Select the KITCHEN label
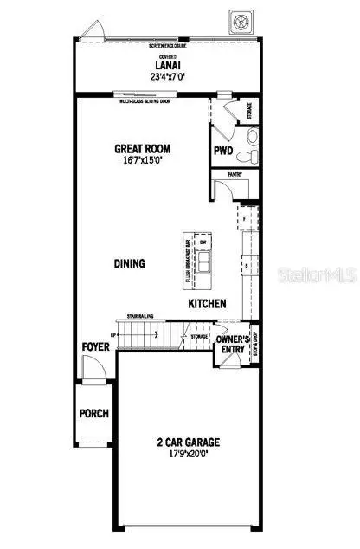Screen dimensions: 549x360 pyautogui.click(x=208, y=304)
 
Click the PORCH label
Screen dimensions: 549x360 pyautogui.click(x=94, y=413)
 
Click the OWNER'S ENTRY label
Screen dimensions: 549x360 pyautogui.click(x=233, y=346)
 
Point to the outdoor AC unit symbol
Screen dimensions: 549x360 pyautogui.click(x=239, y=18)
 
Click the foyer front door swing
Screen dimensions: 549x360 pyautogui.click(x=94, y=369)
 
